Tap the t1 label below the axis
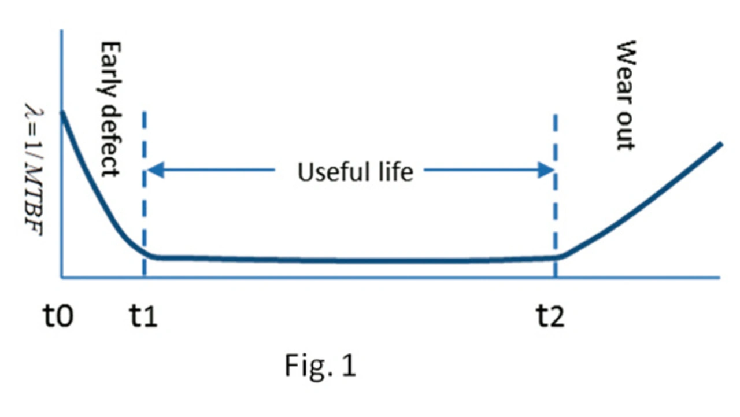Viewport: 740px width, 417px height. [142, 317]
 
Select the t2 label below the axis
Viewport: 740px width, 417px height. [549, 317]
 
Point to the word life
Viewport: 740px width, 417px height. [395, 172]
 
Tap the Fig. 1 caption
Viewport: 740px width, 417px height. [320, 366]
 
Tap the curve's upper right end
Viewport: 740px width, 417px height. [721, 143]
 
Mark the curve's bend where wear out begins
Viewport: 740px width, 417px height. [561, 256]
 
